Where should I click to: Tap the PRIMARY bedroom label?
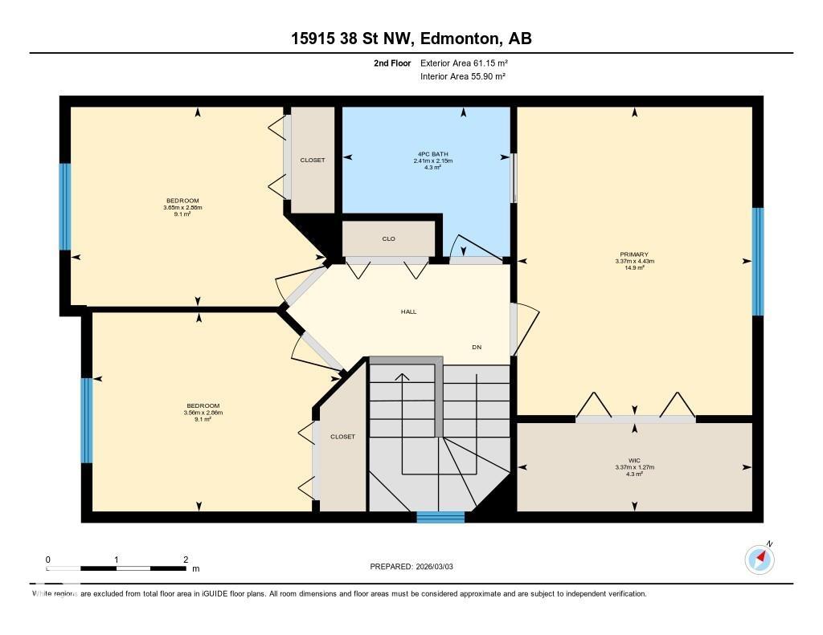pyautogui.click(x=634, y=254)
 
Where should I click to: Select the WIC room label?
pyautogui.click(x=634, y=461)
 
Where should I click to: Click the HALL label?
pyautogui.click(x=409, y=311)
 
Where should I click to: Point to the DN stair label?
pyautogui.click(x=477, y=347)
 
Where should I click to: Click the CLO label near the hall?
pyautogui.click(x=388, y=238)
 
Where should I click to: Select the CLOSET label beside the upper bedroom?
pyautogui.click(x=313, y=160)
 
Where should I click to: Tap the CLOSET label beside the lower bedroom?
pyautogui.click(x=342, y=437)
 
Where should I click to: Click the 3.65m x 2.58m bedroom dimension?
pyautogui.click(x=182, y=208)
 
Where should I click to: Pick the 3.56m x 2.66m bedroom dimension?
pyautogui.click(x=203, y=413)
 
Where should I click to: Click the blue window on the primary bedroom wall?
pyautogui.click(x=757, y=262)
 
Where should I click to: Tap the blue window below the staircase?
pyautogui.click(x=440, y=517)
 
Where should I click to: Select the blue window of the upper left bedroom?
pyautogui.click(x=65, y=207)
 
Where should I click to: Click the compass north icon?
pyautogui.click(x=760, y=559)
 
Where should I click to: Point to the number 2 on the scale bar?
pyautogui.click(x=186, y=560)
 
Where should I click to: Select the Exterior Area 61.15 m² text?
pyautogui.click(x=464, y=63)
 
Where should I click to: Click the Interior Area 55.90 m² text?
pyautogui.click(x=462, y=76)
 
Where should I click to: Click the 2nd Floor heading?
pyautogui.click(x=392, y=63)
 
